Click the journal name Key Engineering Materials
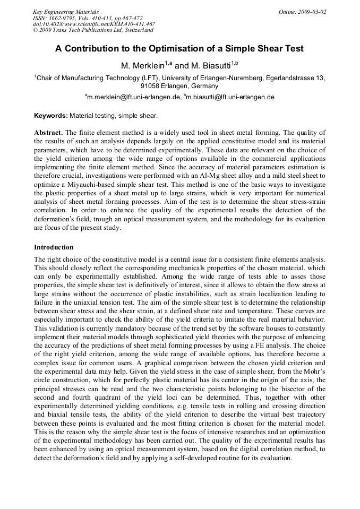tap(66, 12)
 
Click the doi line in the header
tap(93, 24)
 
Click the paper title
tap(179, 49)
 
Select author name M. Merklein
tap(143, 65)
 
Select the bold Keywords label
tap(51, 115)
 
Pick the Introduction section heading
tap(54, 247)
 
